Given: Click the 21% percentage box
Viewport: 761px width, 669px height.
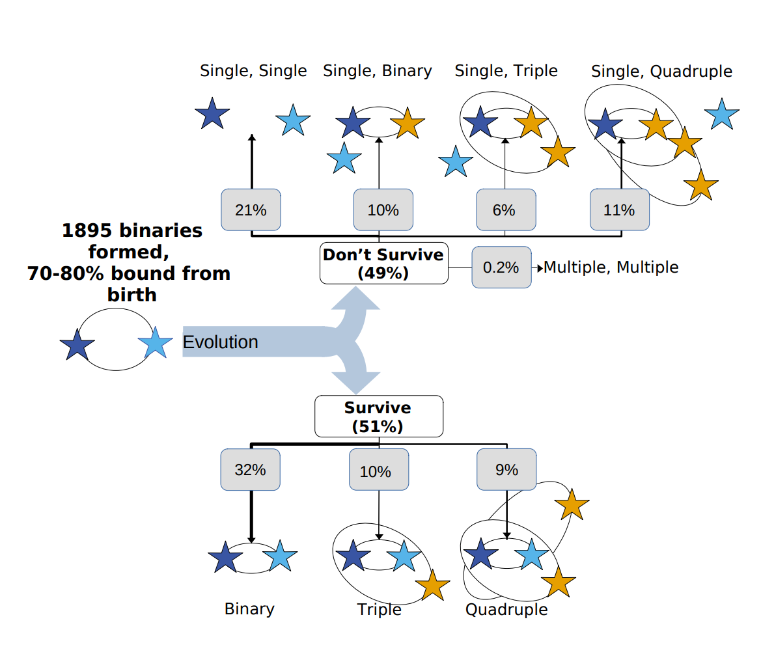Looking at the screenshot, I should tap(251, 210).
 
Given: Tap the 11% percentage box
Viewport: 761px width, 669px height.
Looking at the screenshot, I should tap(619, 210).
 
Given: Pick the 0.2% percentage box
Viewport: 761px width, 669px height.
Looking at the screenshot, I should tap(501, 267).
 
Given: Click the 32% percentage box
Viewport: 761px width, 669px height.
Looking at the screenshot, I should tap(251, 469).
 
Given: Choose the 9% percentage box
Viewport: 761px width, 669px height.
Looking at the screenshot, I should tap(506, 469).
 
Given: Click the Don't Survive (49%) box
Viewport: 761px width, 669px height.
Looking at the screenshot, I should tap(383, 264).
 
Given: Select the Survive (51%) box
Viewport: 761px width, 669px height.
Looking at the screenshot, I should tap(378, 417).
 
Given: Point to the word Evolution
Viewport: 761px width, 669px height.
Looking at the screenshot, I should tap(220, 342).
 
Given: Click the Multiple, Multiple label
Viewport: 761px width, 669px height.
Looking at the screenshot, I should tap(611, 267).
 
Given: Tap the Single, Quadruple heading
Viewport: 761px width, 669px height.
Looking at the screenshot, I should tap(661, 72).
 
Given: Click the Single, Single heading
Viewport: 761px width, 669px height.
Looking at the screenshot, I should tap(253, 71).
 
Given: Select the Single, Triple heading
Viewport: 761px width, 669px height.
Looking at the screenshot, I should tap(506, 71).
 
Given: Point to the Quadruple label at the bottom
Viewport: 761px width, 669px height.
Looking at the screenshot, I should tap(506, 610).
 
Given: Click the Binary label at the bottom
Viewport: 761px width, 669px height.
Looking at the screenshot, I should tap(249, 609).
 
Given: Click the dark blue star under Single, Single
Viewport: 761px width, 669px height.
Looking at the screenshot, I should tap(212, 114).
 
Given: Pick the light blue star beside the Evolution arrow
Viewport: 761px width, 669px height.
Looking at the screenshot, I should tap(156, 343).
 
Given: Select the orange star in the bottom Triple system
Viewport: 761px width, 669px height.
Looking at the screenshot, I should tap(432, 586).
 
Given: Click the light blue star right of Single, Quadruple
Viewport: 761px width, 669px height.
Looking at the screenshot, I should tap(721, 115).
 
